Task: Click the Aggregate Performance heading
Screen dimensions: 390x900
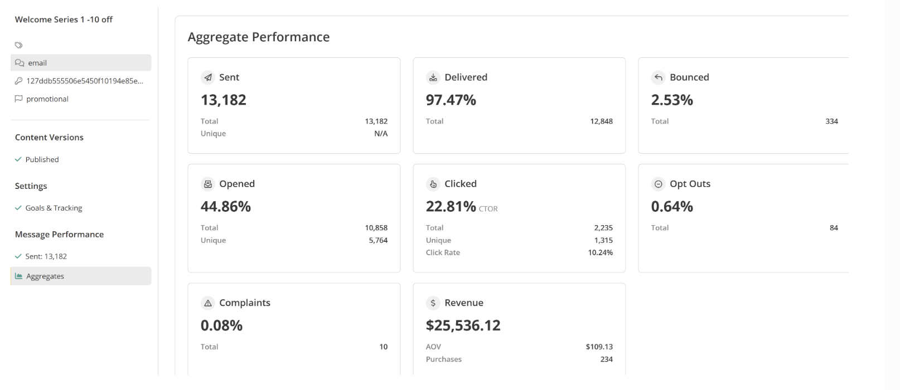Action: coord(258,37)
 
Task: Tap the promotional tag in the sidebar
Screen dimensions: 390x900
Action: coord(47,99)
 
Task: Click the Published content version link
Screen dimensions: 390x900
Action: coord(42,159)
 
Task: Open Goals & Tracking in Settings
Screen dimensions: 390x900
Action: coord(54,208)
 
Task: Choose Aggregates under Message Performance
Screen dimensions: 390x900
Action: coord(45,276)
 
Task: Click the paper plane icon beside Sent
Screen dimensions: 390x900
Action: coord(208,77)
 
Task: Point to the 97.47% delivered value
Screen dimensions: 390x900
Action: coord(451,100)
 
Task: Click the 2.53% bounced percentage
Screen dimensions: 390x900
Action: coord(672,100)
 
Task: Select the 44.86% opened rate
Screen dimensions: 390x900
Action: coord(225,207)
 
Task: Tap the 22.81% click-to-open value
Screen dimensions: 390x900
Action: coord(451,207)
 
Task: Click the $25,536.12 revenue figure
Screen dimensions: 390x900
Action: coord(463,325)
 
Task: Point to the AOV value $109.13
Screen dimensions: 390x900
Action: coord(599,347)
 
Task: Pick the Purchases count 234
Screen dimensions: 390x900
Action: coord(606,359)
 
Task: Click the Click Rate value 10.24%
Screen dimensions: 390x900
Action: coord(600,252)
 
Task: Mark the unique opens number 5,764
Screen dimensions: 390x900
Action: coord(378,240)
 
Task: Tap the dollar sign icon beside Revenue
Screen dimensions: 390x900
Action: coord(433,303)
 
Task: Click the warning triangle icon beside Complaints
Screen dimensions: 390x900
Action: coord(208,303)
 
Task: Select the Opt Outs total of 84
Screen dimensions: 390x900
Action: coord(834,228)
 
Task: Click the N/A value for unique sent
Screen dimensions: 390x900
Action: coord(381,134)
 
